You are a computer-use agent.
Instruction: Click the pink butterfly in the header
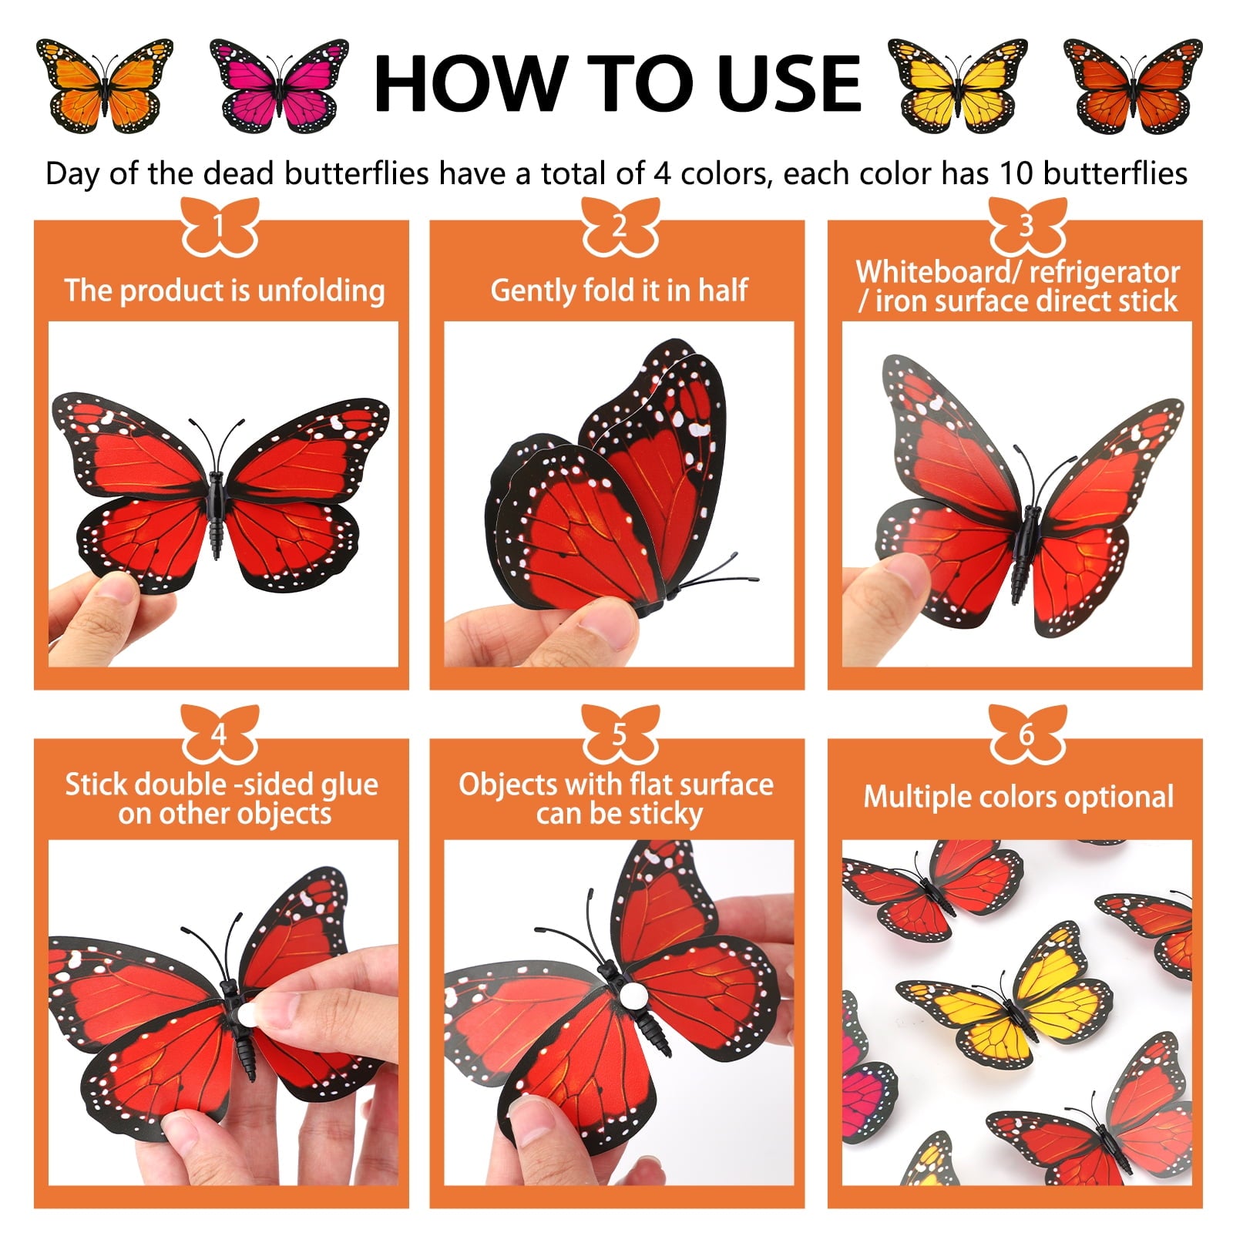tap(278, 86)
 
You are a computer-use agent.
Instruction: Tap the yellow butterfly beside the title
tap(957, 86)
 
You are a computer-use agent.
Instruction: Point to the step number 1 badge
tap(220, 227)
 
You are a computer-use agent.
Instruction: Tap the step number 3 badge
tap(1026, 227)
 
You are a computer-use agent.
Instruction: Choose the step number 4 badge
tap(220, 734)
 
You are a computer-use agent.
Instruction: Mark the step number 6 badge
tap(1026, 734)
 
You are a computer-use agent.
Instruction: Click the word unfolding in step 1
tap(321, 291)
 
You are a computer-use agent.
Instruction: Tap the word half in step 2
tap(723, 291)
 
